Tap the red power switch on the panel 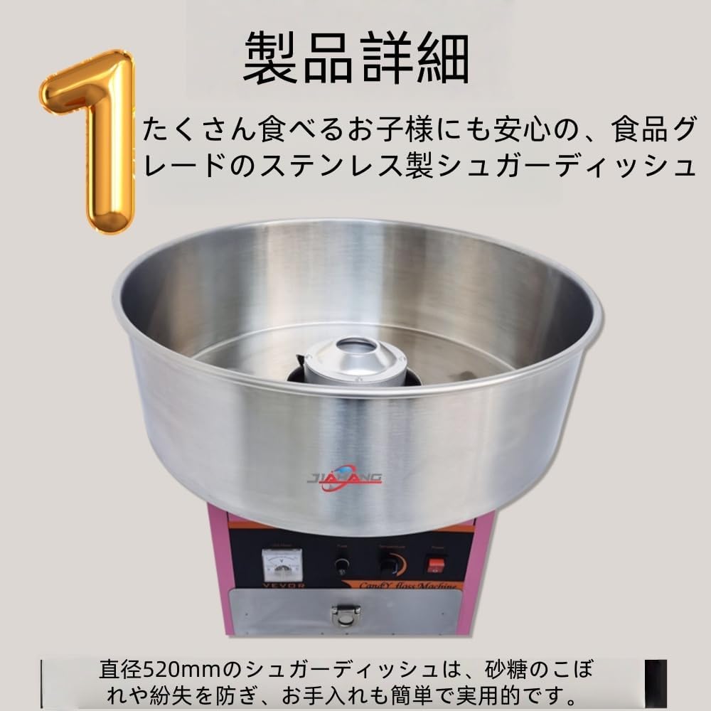click(x=436, y=565)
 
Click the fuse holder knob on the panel click(x=342, y=566)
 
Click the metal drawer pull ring click(x=346, y=615)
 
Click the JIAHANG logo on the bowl click(x=344, y=477)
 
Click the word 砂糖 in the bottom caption click(x=505, y=670)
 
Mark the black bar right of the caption click(x=655, y=683)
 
